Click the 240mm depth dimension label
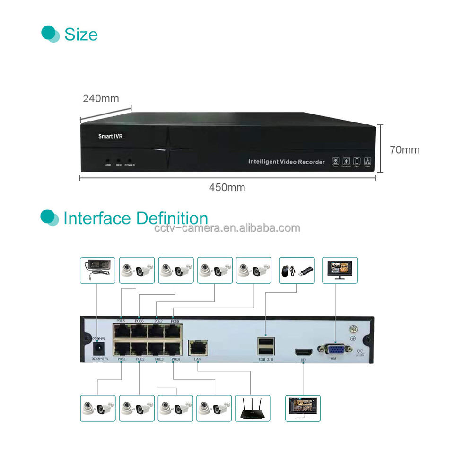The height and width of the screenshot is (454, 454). point(101,98)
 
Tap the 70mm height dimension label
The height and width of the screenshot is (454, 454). point(404,150)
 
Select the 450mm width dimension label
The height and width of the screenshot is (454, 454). point(227,187)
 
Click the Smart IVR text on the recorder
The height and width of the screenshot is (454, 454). point(110,136)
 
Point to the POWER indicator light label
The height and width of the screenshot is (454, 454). point(130,165)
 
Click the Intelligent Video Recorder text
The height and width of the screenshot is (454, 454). point(287,162)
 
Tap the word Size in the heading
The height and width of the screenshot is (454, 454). point(81,35)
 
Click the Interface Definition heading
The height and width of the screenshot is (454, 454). point(136,218)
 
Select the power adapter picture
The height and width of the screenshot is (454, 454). point(97,270)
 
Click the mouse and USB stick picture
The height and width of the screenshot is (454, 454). point(297,270)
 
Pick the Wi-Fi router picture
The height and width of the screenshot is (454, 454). point(253,408)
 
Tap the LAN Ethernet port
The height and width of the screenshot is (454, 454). point(198,348)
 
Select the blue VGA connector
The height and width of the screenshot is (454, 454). point(335,349)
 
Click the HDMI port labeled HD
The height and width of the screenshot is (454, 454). point(303,352)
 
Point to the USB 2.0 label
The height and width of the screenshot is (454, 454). point(266,360)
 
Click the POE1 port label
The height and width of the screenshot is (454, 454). point(122,359)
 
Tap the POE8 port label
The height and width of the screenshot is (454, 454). point(175,321)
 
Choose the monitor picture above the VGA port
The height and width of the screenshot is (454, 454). point(340,270)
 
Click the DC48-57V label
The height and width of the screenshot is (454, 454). point(100,359)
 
